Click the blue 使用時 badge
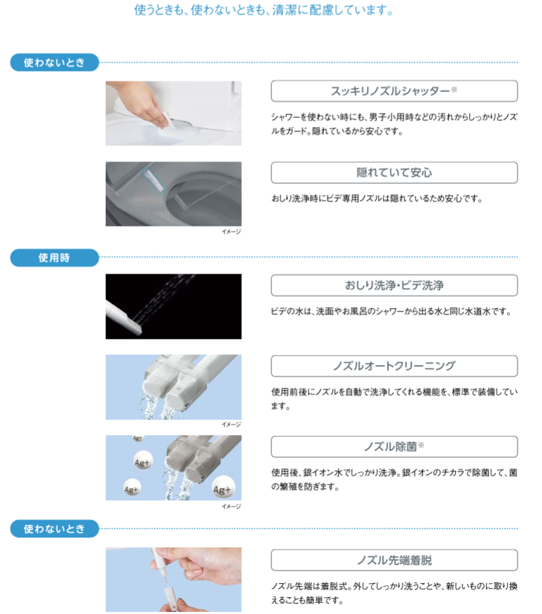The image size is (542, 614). click(x=54, y=258)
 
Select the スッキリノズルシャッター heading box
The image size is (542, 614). click(x=394, y=91)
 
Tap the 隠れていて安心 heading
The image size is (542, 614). click(x=394, y=173)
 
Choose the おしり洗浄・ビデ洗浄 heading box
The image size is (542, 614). click(x=394, y=285)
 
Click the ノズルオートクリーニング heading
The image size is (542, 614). click(x=394, y=366)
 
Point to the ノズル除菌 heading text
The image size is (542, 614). click(x=390, y=446)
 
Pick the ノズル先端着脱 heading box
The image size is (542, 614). click(x=394, y=560)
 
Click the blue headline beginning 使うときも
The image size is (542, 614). click(x=263, y=11)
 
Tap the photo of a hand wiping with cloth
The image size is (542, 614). click(x=173, y=113)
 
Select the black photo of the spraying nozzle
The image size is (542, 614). click(x=173, y=306)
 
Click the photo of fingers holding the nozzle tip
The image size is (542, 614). click(x=173, y=580)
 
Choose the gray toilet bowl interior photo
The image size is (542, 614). click(x=173, y=194)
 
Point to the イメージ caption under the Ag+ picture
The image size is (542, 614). click(x=231, y=506)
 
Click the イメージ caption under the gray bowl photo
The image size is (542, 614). click(x=231, y=232)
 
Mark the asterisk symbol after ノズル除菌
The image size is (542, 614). click(x=421, y=445)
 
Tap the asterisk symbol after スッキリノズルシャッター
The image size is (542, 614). click(x=454, y=90)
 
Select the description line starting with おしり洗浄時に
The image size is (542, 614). click(x=377, y=199)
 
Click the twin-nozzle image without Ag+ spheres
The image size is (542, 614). click(x=173, y=387)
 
